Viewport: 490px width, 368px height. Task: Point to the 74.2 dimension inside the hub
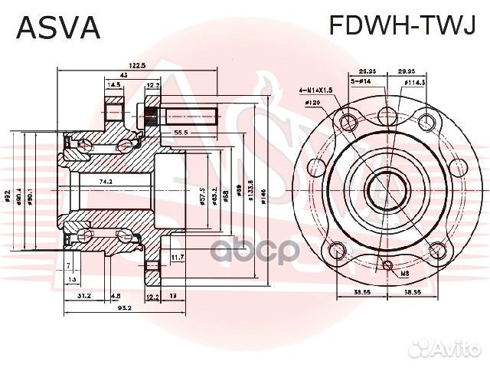pos(106,182)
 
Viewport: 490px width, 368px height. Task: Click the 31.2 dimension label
pos(84,295)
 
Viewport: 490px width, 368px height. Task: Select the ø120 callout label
pos(313,102)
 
